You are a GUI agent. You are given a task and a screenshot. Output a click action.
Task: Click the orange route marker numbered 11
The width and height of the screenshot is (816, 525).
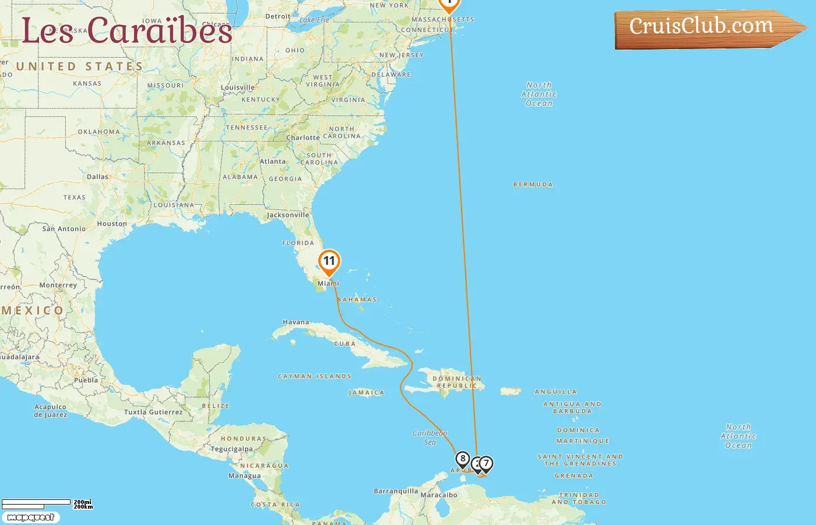pyautogui.click(x=329, y=261)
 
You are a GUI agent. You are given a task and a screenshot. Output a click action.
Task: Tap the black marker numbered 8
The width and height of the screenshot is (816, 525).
pyautogui.click(x=463, y=459)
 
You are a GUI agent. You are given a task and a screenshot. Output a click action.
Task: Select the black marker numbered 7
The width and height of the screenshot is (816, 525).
pyautogui.click(x=486, y=464)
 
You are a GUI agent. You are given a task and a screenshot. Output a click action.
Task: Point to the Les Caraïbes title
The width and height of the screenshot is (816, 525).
pyautogui.click(x=127, y=31)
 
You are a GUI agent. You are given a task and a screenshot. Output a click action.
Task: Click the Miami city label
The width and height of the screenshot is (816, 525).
pyautogui.click(x=328, y=283)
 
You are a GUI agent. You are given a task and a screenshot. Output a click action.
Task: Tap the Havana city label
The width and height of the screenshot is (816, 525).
pyautogui.click(x=296, y=322)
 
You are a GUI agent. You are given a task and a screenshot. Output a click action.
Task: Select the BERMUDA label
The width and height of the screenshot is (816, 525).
pyautogui.click(x=533, y=185)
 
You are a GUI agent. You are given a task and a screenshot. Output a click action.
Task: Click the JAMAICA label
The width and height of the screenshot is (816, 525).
pyautogui.click(x=367, y=393)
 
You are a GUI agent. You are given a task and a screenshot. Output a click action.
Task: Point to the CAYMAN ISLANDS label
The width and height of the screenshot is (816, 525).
pyautogui.click(x=315, y=377)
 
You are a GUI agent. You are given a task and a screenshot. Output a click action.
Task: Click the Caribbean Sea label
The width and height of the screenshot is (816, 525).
pyautogui.click(x=430, y=437)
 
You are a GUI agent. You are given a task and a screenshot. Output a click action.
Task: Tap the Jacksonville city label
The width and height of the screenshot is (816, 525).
pyautogui.click(x=288, y=215)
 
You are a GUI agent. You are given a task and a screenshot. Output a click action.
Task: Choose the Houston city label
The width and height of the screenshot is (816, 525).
pyautogui.click(x=112, y=224)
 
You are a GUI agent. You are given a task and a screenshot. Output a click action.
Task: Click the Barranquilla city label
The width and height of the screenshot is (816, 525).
pyautogui.click(x=396, y=491)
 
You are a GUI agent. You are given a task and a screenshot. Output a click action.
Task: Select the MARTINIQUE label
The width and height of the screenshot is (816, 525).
pyautogui.click(x=583, y=442)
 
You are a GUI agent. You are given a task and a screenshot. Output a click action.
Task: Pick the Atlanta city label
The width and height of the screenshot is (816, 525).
pyautogui.click(x=273, y=162)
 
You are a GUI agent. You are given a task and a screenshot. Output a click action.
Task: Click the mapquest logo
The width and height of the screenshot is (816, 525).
pyautogui.click(x=30, y=517)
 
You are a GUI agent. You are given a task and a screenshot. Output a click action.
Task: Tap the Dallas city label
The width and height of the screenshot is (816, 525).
pyautogui.click(x=97, y=177)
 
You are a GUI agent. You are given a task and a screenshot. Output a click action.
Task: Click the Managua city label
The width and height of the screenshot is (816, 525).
pyautogui.click(x=245, y=476)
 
